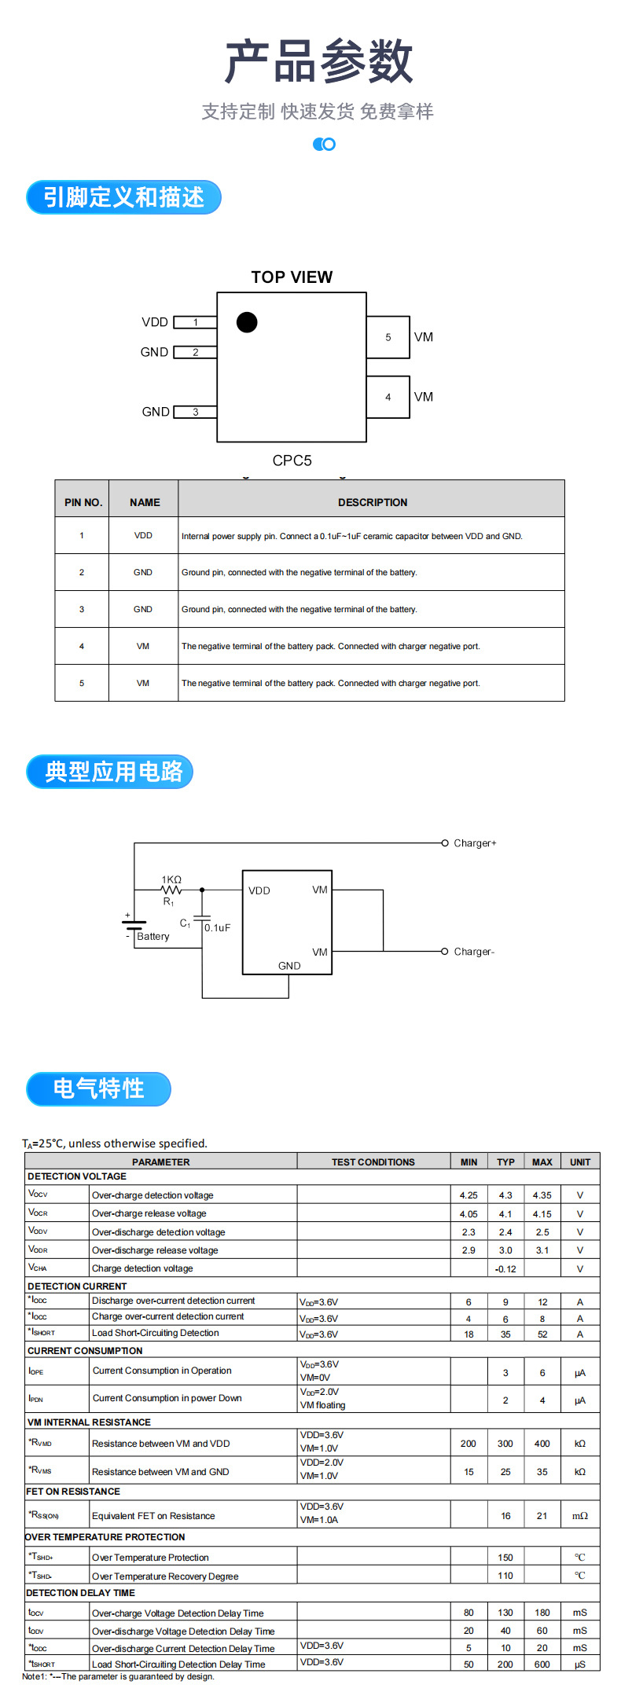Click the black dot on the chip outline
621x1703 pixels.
[x=247, y=322]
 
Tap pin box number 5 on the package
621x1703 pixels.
[x=388, y=337]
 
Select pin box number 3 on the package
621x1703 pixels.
[x=195, y=412]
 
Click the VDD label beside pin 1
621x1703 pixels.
[x=155, y=322]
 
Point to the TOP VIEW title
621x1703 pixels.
[x=292, y=277]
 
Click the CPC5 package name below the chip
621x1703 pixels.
[x=292, y=461]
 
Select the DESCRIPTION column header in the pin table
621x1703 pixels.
[x=373, y=502]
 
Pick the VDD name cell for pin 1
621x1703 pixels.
[x=143, y=536]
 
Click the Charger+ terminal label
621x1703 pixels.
[x=475, y=843]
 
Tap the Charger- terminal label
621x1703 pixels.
[x=474, y=952]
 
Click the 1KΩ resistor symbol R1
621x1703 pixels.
[x=171, y=890]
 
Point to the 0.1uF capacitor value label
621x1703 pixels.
[x=218, y=928]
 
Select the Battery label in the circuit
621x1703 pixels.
[x=152, y=937]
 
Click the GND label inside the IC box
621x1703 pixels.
[x=289, y=966]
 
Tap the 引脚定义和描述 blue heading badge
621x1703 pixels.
[x=123, y=197]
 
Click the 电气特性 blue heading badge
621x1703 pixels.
[x=98, y=1088]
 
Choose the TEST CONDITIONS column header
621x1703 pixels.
[x=373, y=1162]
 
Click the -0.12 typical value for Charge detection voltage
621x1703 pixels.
[x=505, y=1269]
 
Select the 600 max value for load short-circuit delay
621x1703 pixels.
[x=542, y=1664]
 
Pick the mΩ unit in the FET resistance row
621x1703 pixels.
[x=579, y=1516]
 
